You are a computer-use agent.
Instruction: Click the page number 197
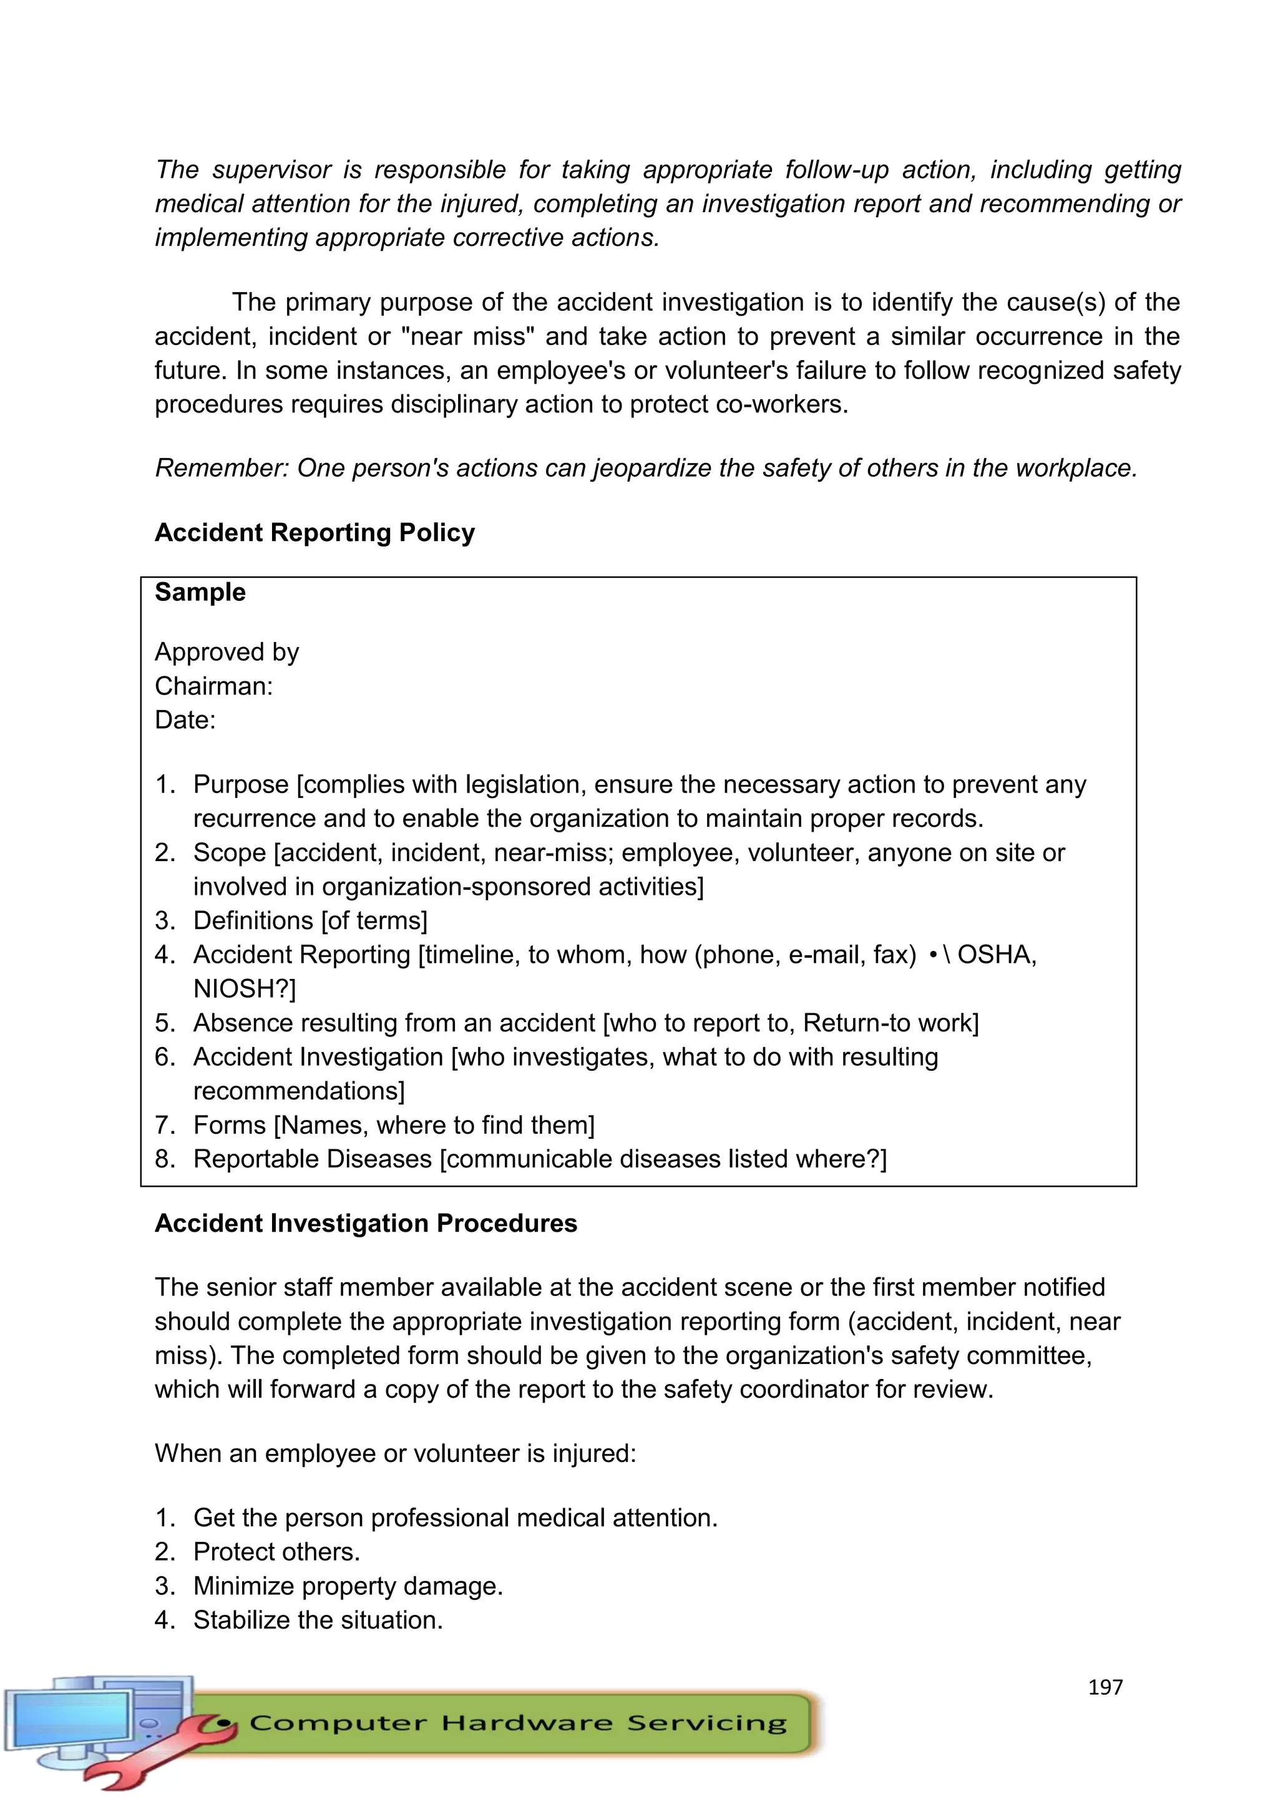point(1105,1687)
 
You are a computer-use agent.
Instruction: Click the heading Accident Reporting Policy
point(314,533)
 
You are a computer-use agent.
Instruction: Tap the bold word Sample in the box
point(200,592)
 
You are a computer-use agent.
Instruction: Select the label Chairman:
point(213,686)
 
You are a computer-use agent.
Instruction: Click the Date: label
point(185,720)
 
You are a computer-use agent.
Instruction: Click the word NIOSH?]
point(245,988)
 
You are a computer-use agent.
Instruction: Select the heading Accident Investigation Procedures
point(365,1223)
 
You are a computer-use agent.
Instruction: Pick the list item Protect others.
point(276,1551)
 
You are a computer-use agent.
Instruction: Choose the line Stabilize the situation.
point(318,1620)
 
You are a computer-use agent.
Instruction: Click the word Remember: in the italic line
point(222,468)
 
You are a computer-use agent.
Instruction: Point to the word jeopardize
point(651,468)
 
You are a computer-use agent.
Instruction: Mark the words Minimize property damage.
point(347,1586)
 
